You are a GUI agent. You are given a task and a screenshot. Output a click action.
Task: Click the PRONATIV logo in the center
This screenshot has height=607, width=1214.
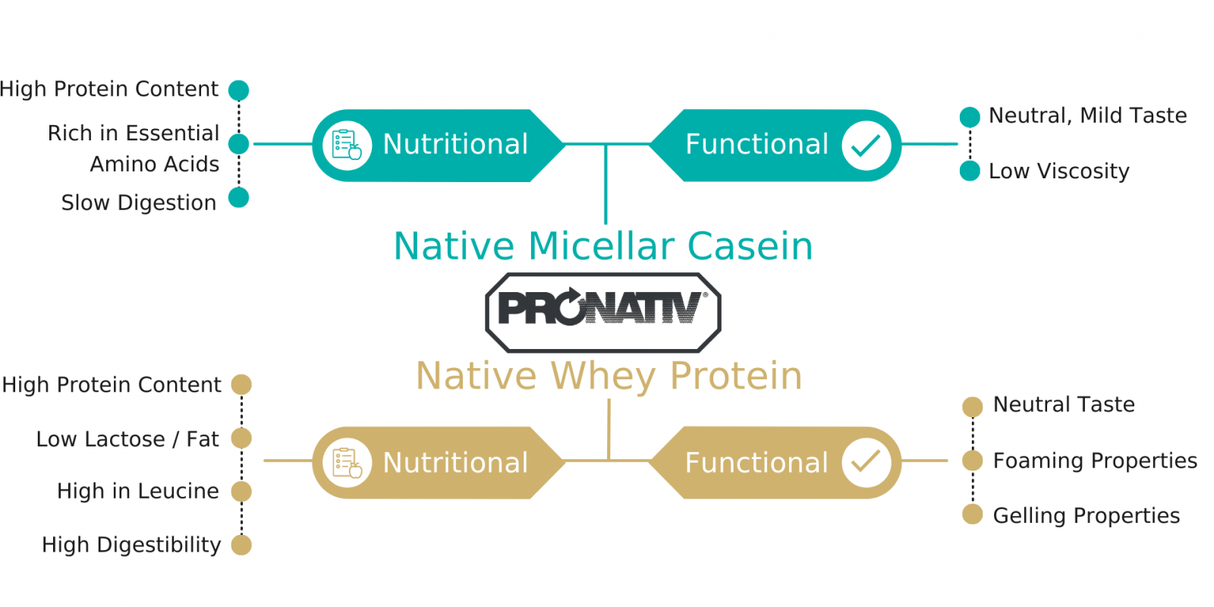point(603,313)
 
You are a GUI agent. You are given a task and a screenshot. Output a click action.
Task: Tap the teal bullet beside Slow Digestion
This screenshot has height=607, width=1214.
point(238,198)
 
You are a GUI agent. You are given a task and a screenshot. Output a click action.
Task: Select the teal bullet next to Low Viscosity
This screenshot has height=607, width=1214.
point(970,171)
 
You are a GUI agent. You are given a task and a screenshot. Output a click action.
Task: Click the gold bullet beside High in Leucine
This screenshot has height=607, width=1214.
point(241,492)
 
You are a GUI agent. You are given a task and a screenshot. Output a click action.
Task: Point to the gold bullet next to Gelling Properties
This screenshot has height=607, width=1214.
point(972,514)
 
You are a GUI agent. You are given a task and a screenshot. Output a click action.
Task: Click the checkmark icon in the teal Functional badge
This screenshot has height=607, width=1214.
point(866,145)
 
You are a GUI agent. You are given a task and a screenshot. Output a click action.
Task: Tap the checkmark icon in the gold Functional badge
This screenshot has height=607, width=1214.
point(866,462)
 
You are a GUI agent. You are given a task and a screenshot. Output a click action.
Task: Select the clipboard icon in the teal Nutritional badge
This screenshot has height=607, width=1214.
point(347,145)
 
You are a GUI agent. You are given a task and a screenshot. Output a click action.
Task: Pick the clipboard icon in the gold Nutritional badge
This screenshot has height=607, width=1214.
point(347,462)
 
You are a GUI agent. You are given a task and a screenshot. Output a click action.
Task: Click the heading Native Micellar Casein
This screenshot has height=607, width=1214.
point(603,247)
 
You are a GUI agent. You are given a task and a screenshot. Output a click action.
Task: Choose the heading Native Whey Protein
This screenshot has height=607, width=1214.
point(609,376)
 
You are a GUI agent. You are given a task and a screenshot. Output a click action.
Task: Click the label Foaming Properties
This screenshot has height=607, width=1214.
point(1095,461)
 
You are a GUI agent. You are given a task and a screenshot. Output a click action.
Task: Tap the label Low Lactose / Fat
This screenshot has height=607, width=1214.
point(127,439)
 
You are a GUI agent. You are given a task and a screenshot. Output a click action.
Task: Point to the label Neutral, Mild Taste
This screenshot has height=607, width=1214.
point(1088,116)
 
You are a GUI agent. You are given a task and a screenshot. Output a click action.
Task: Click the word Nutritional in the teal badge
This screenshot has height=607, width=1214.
point(455,145)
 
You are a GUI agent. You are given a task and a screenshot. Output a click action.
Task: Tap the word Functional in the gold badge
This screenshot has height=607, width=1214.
point(756,463)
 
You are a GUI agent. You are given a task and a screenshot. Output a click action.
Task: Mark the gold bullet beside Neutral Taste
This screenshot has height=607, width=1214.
point(972,407)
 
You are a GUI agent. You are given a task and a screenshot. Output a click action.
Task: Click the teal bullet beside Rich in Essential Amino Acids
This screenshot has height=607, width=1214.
point(238,144)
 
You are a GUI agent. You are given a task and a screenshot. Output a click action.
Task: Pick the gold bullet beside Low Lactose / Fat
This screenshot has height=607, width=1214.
point(241,438)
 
